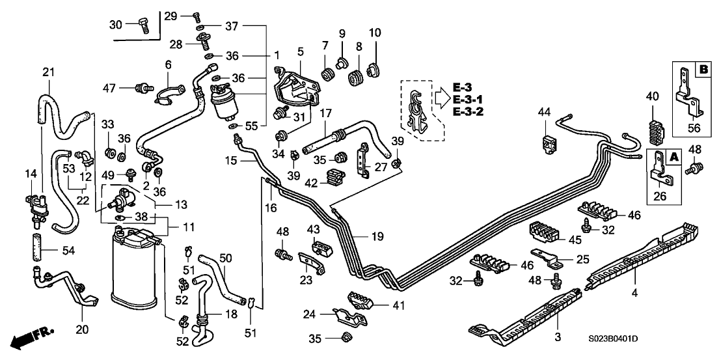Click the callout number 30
click(x=115, y=24)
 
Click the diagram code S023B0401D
click(x=612, y=339)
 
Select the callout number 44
click(x=544, y=113)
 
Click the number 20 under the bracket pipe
click(x=82, y=329)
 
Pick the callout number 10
click(x=375, y=33)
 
